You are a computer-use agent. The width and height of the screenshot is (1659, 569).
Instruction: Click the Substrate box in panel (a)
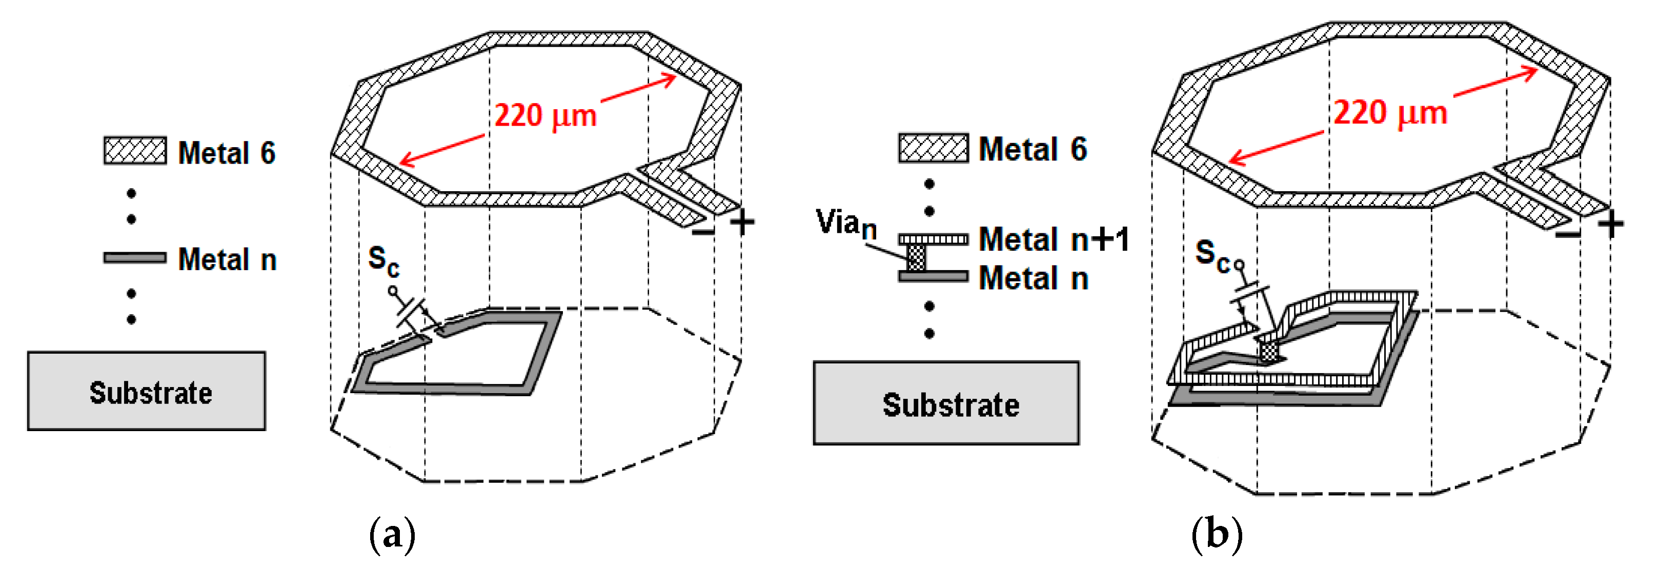(x=146, y=391)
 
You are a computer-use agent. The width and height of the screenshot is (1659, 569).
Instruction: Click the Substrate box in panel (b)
(x=945, y=403)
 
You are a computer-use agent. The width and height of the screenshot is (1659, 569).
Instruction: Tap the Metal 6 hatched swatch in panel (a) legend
(x=135, y=151)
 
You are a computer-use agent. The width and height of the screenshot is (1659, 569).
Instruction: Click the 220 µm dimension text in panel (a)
(x=545, y=116)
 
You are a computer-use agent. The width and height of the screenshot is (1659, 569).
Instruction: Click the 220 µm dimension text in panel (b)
(x=1390, y=113)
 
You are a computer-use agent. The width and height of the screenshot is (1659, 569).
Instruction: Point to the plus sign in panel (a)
(x=742, y=222)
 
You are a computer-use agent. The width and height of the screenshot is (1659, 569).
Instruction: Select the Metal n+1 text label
(x=1054, y=239)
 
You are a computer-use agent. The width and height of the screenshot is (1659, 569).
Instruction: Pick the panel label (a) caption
(x=392, y=534)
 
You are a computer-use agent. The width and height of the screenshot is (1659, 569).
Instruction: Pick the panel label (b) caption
(x=1217, y=534)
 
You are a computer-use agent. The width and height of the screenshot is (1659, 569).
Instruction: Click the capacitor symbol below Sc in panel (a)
(x=412, y=315)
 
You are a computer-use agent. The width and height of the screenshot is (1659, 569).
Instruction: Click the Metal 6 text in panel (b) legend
(x=1033, y=149)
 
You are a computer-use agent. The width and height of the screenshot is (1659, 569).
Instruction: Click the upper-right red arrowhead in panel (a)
(x=670, y=79)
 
